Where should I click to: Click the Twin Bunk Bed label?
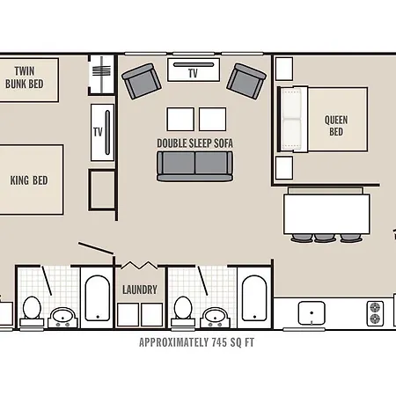point(25,77)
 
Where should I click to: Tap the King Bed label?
point(29,180)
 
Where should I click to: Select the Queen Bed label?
point(336,126)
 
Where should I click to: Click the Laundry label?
point(140,290)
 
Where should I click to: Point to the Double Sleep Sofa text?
point(195,143)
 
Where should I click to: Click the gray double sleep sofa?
point(195,166)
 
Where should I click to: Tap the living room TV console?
point(194,70)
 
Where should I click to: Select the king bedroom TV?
point(102,132)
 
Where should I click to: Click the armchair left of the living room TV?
point(142,81)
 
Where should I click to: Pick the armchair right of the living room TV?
point(246,81)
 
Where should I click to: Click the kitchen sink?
point(312,313)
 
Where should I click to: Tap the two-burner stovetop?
point(375,313)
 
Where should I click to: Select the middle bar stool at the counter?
point(325,238)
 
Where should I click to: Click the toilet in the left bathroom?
point(32,311)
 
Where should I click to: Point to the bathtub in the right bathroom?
point(254,298)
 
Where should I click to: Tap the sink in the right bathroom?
point(215,317)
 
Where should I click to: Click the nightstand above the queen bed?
point(284,69)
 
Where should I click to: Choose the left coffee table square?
point(180,119)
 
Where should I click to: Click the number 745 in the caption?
point(219,342)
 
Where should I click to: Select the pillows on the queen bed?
point(291,119)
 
